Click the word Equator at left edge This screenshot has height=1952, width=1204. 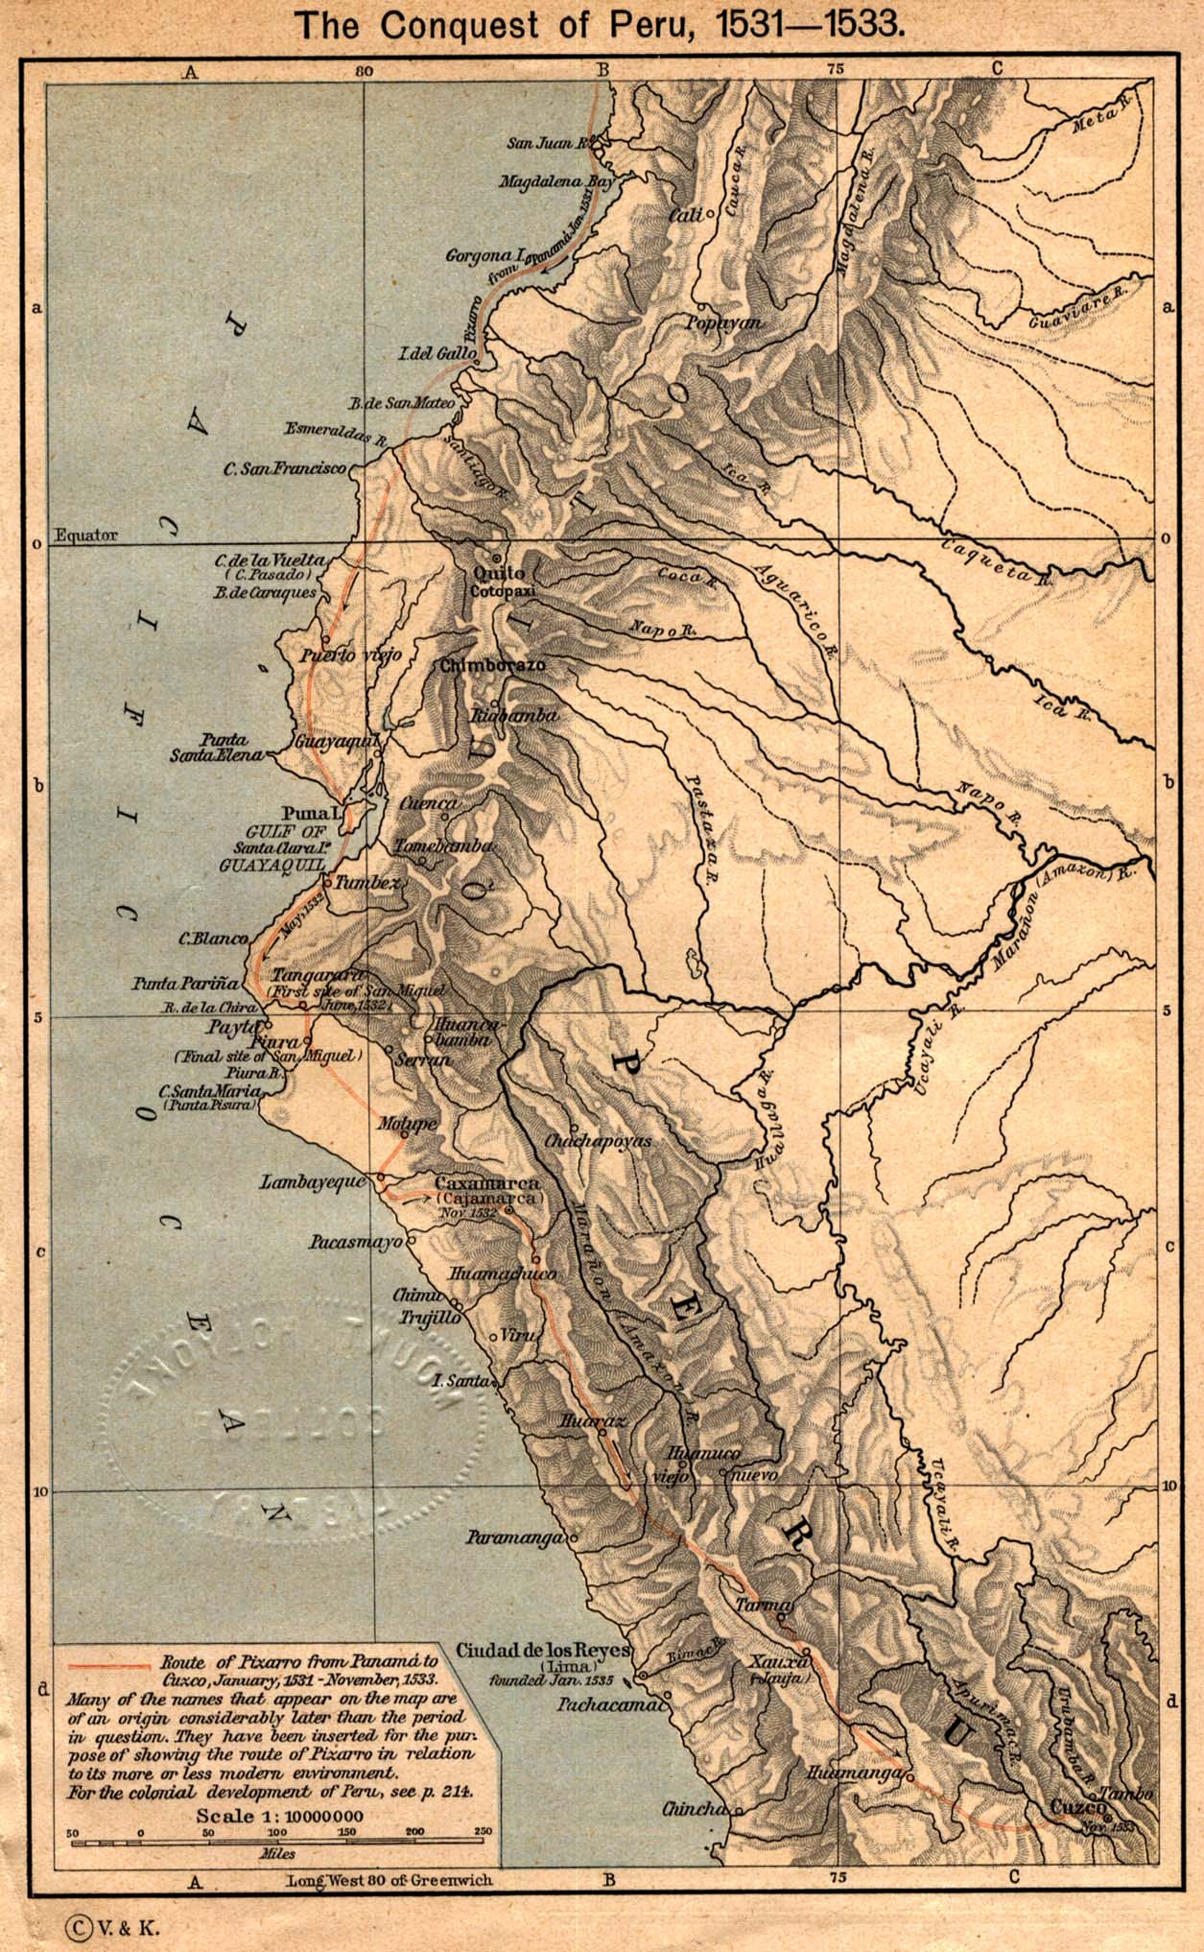86,536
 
